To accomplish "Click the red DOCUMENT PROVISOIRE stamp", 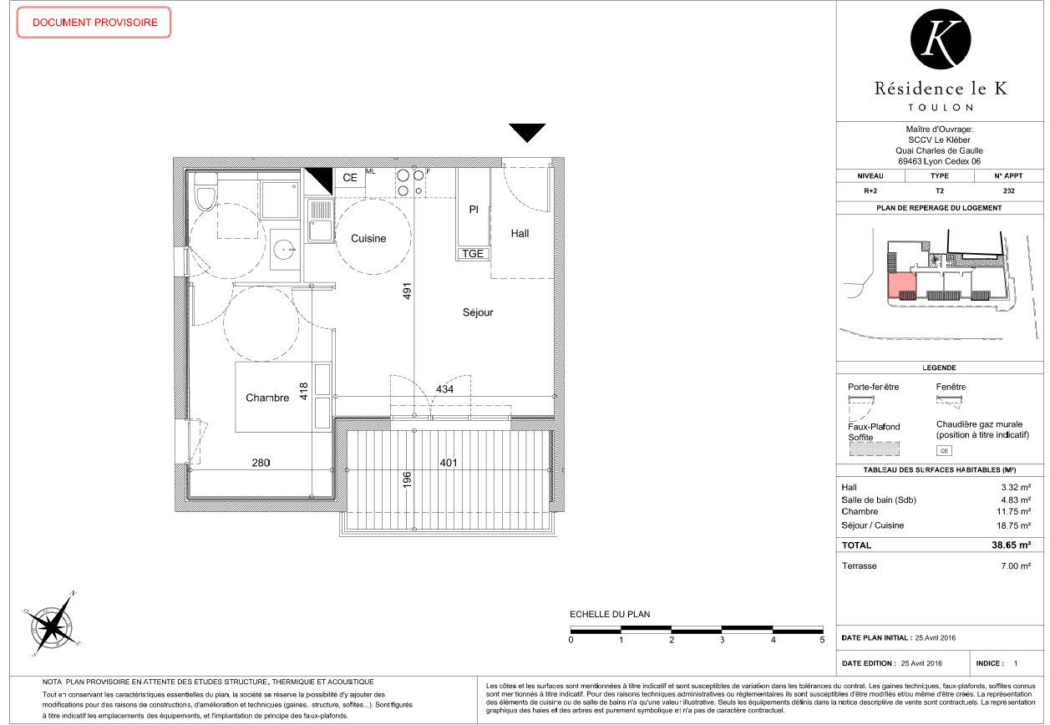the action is click(94, 22).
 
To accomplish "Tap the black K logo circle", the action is click(941, 39).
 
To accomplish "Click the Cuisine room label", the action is click(368, 239).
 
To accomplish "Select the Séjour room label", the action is click(478, 312).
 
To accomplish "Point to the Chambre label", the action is click(267, 398).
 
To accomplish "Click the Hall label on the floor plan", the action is click(520, 233).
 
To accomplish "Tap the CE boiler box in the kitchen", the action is click(350, 178).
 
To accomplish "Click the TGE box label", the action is click(473, 254).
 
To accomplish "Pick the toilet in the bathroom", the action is click(205, 191).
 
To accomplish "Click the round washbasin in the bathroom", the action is click(285, 249).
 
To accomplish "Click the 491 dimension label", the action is click(407, 291).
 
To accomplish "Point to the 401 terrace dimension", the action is click(448, 463).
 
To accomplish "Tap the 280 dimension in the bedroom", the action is click(261, 463).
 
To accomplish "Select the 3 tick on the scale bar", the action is click(723, 640).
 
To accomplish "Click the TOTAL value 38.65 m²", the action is click(1011, 545).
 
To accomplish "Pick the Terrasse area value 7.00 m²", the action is click(1016, 566).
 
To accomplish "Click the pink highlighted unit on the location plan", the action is click(901, 286).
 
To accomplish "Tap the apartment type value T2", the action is click(940, 191).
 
